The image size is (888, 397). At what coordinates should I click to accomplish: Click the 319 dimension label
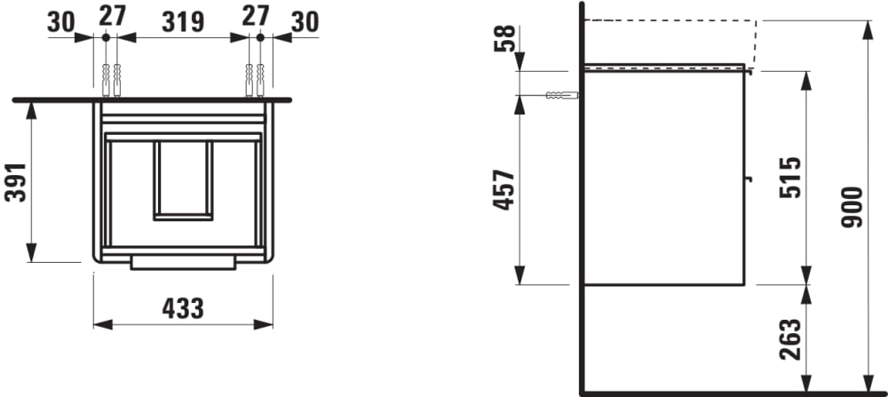point(183,22)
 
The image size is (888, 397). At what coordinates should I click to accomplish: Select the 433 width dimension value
point(183,309)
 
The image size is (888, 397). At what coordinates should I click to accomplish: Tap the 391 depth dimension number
point(16,182)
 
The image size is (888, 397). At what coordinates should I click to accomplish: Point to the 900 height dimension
point(852,207)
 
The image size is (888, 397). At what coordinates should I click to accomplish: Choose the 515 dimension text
point(790,178)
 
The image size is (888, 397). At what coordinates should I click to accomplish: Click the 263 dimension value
point(790,339)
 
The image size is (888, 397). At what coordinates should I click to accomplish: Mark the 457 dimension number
point(504,190)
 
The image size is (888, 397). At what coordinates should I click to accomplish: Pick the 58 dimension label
point(504,38)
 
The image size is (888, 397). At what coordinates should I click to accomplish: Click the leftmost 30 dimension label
point(61,22)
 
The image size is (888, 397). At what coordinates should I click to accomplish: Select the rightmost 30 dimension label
point(305,22)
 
